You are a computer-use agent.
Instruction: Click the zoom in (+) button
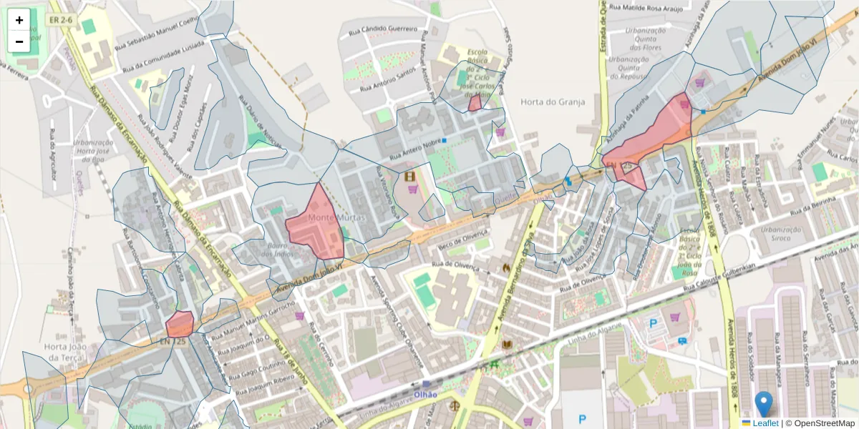tap(19, 20)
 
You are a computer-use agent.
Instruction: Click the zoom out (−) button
tap(19, 41)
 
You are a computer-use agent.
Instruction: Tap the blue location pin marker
tap(764, 404)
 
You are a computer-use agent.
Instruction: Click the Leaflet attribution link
tap(765, 423)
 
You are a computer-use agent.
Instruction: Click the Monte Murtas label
tap(337, 217)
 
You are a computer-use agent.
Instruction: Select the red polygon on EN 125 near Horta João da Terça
tap(180, 324)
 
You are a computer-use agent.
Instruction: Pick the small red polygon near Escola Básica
tap(475, 103)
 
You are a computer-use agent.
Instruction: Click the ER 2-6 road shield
tap(61, 20)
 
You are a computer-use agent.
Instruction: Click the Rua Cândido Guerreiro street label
tap(382, 30)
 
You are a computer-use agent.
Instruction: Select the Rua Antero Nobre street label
tap(414, 149)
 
